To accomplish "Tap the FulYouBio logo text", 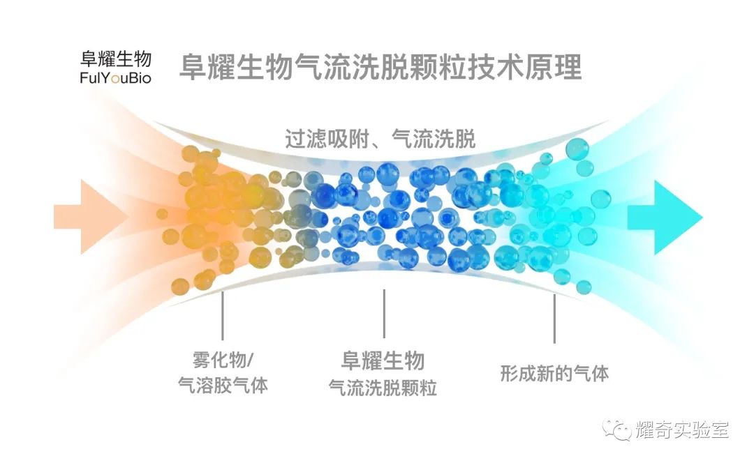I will [116, 78].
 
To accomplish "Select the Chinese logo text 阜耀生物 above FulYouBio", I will [116, 58].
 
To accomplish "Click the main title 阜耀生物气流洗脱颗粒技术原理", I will [380, 68].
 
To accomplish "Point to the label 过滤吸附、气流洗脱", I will [380, 139].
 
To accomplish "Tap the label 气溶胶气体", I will [223, 386].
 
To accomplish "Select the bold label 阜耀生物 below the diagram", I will [383, 360].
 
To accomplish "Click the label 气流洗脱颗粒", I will [383, 388].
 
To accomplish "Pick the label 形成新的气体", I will [554, 373].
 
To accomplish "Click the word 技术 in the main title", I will [481, 68].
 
